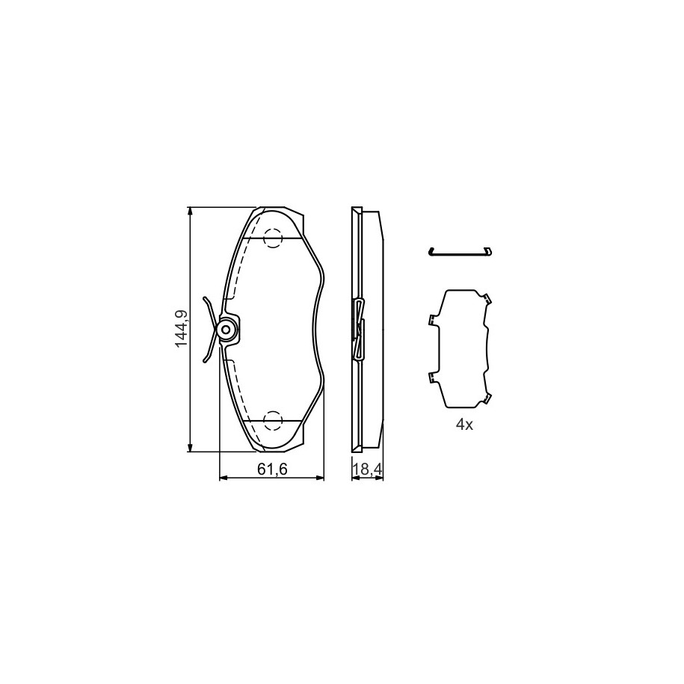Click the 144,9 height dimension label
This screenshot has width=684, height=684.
[x=181, y=329]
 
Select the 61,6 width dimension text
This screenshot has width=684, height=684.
[x=272, y=469]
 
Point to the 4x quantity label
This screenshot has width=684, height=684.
[x=464, y=425]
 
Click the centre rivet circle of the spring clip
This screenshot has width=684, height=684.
[x=227, y=330]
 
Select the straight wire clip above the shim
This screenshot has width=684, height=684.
[x=460, y=253]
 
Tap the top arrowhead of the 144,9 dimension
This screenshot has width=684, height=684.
[x=190, y=211]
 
